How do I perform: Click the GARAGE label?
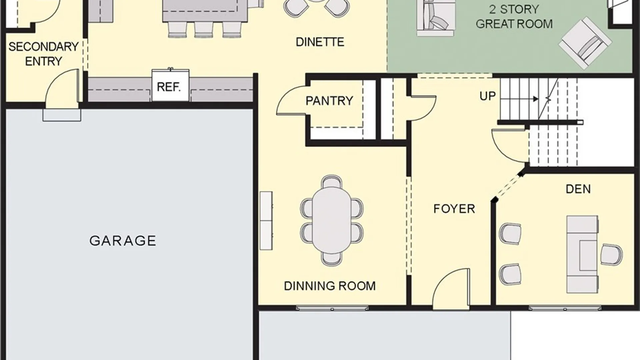tap(123, 241)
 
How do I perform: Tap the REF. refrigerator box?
tap(170, 85)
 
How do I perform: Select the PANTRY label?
tap(329, 101)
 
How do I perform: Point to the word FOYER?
tap(454, 209)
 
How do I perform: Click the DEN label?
tap(578, 189)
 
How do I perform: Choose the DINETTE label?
tap(320, 42)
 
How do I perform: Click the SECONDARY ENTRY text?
tap(43, 54)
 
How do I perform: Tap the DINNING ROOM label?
tap(330, 286)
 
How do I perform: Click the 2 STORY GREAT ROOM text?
tap(514, 17)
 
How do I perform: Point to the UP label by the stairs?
tap(487, 96)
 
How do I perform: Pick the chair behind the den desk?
tap(611, 255)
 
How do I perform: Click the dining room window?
tap(332, 308)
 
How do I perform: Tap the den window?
tap(565, 308)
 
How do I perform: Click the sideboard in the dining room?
tap(266, 221)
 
